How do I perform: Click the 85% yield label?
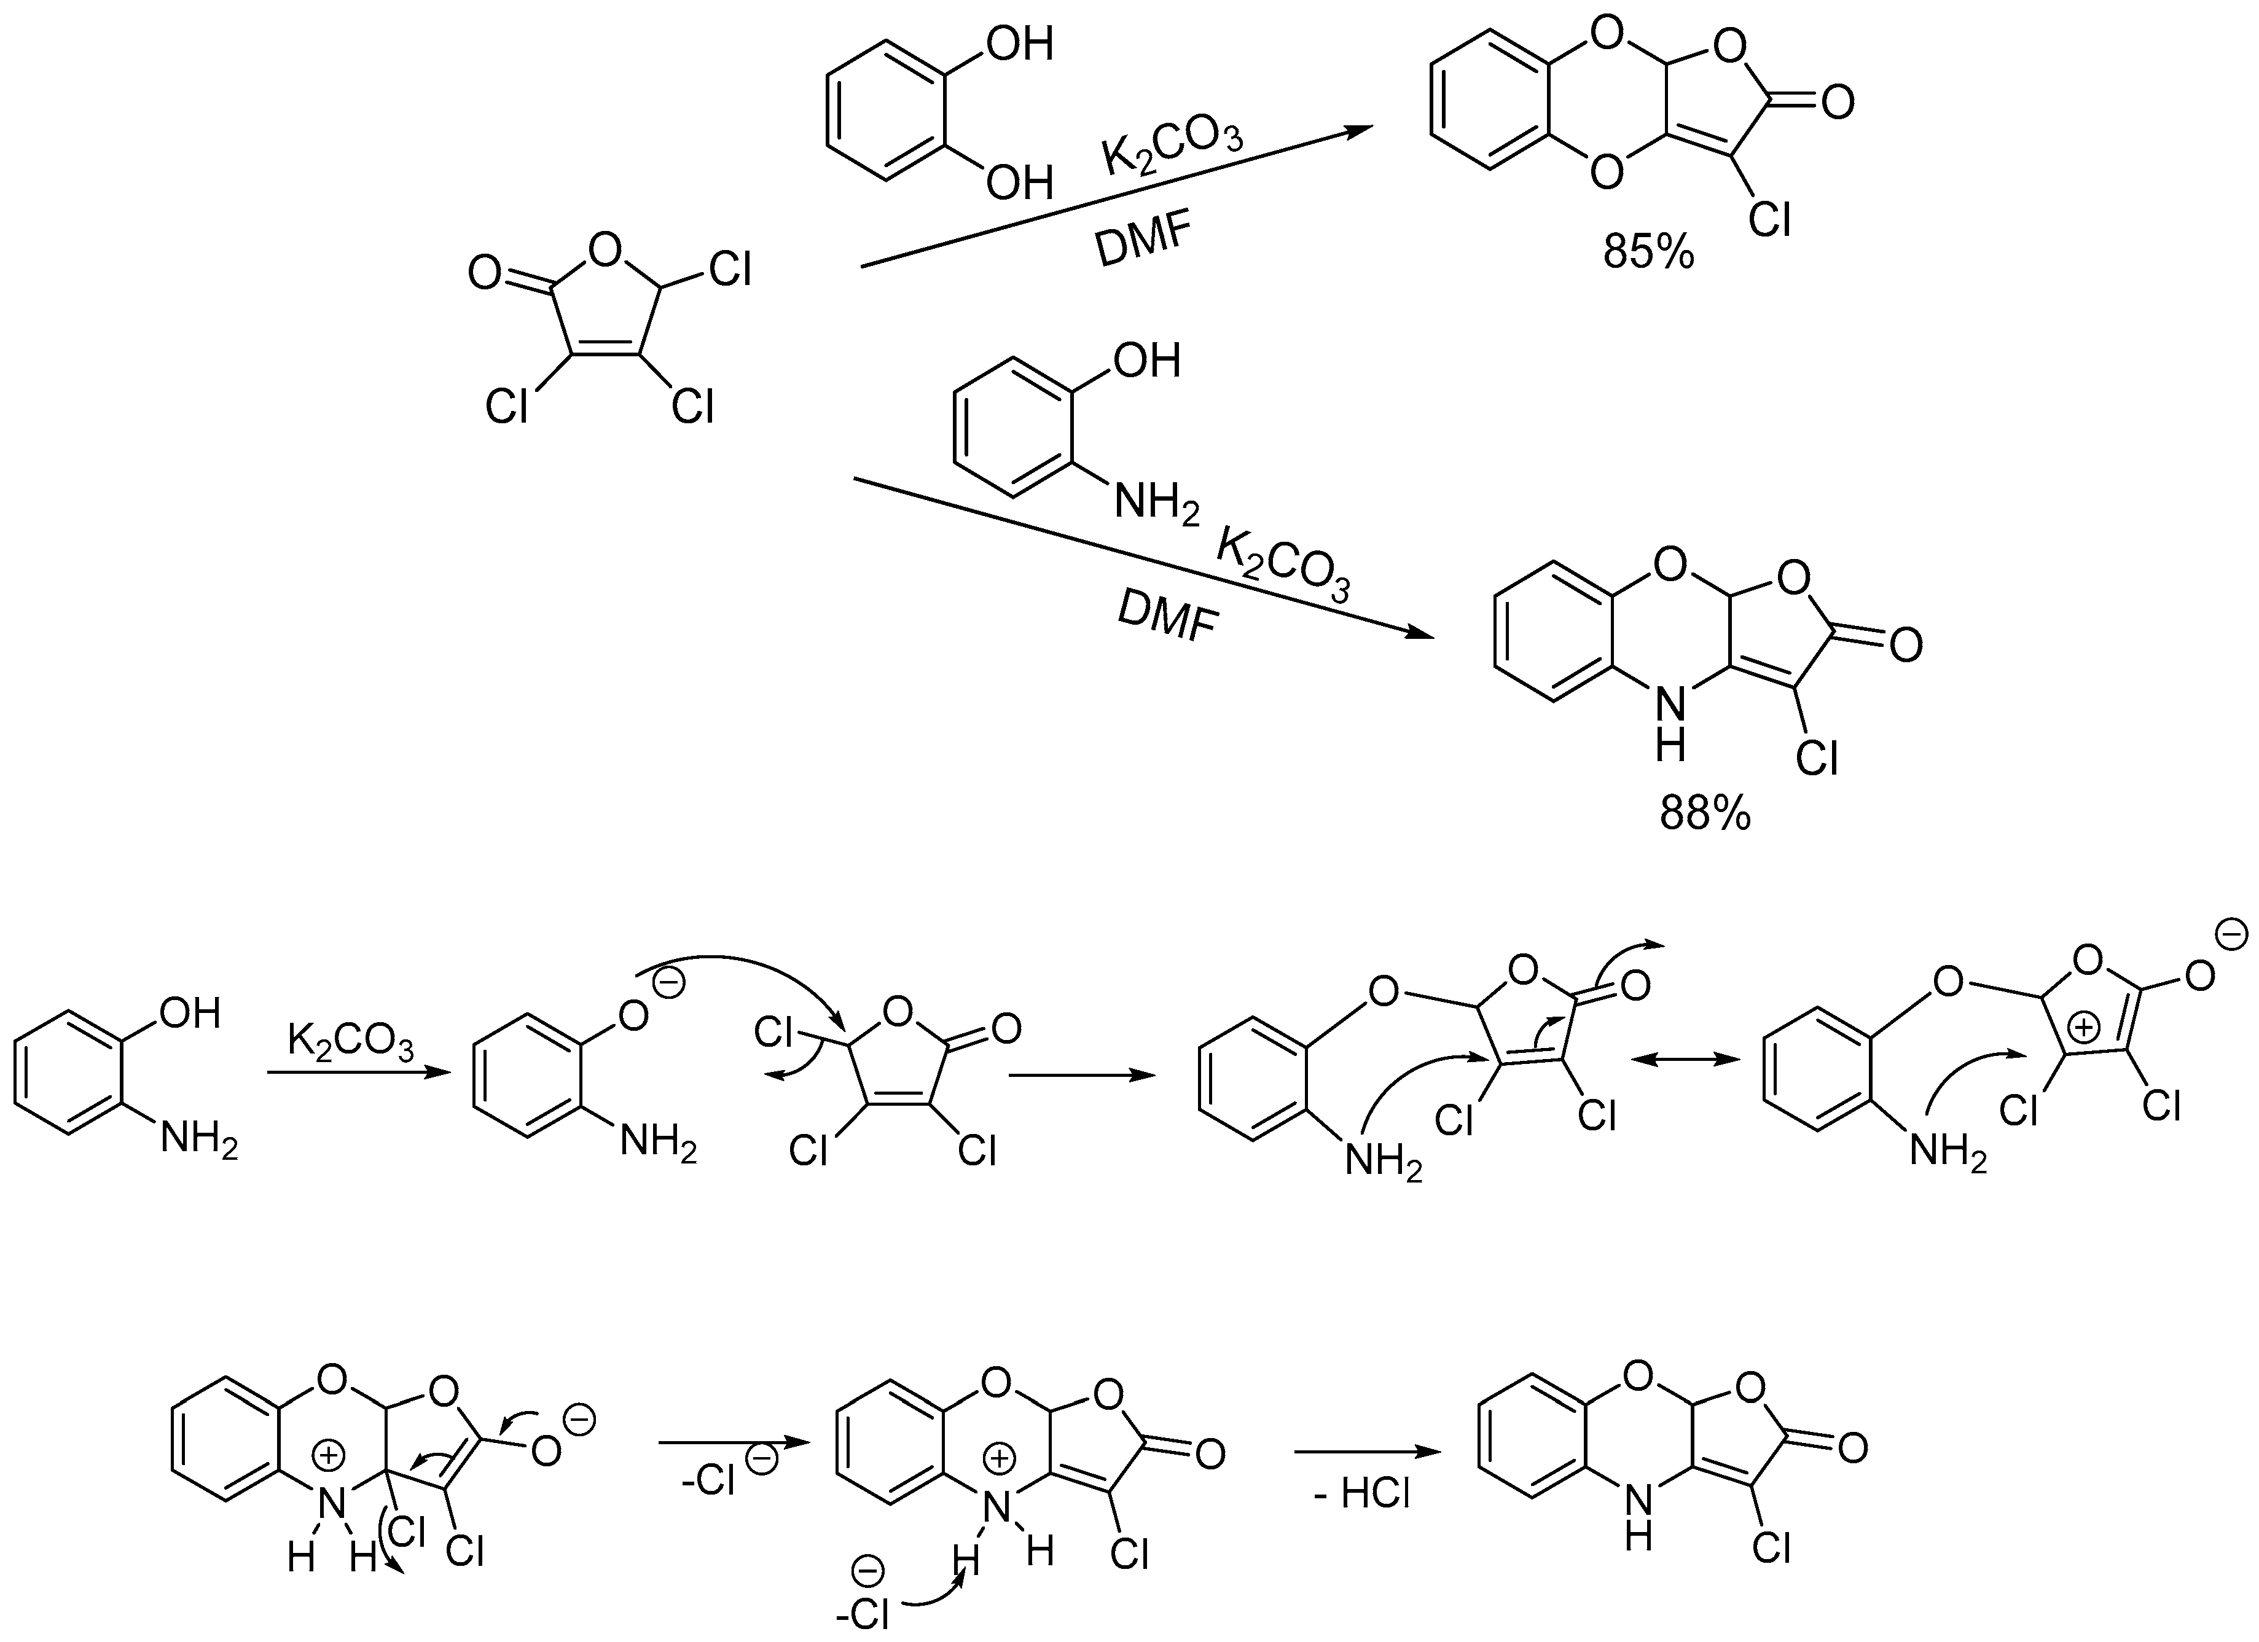(1648, 253)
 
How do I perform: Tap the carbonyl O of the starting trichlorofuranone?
(485, 272)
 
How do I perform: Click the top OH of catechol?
(1019, 45)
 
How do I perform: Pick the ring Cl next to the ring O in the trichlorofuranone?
(730, 269)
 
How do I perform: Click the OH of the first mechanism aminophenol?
(189, 1014)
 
